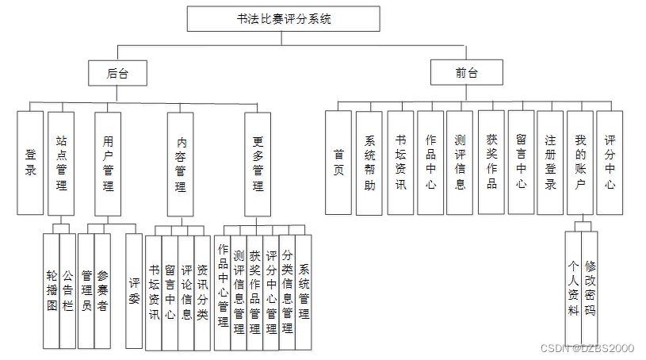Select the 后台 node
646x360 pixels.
coord(117,73)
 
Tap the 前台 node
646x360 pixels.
coord(466,73)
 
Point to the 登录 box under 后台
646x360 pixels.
coord(30,162)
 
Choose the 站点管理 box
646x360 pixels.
coord(61,162)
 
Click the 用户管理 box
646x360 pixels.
coord(108,162)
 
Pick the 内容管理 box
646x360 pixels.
coord(181,163)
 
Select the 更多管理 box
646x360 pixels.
coord(258,163)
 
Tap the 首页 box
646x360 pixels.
coord(338,162)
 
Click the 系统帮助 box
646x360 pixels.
coord(369,162)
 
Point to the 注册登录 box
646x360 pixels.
coord(550,162)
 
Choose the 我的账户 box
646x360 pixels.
coord(580,162)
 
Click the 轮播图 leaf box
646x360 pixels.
coord(52,291)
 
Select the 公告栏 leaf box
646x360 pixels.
coord(67,291)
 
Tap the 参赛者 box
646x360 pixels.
coord(102,291)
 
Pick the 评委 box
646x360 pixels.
coord(134,291)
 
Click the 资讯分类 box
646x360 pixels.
coord(202,292)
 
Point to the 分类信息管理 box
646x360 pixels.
coord(287,292)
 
